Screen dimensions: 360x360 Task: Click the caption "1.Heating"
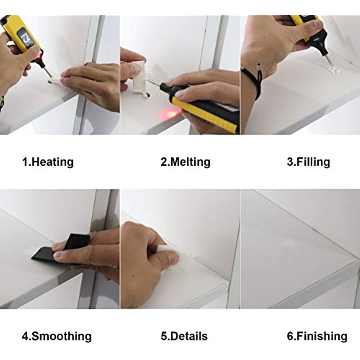(48, 162)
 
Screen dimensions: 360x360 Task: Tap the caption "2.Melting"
(185, 162)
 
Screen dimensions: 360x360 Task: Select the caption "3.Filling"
(308, 162)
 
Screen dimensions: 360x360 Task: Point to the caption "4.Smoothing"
(57, 336)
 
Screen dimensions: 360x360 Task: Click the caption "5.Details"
(184, 336)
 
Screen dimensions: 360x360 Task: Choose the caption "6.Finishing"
(317, 336)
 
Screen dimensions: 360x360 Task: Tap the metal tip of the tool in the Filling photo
(329, 61)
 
